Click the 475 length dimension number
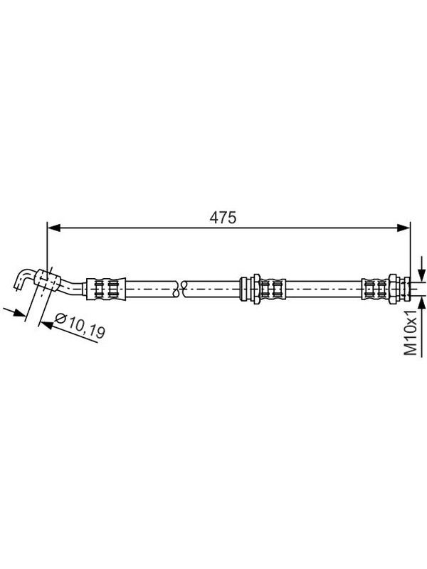pos(223,218)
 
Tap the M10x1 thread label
pos(411,332)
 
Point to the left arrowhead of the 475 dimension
pos(54,228)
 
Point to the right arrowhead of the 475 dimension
pos(404,228)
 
